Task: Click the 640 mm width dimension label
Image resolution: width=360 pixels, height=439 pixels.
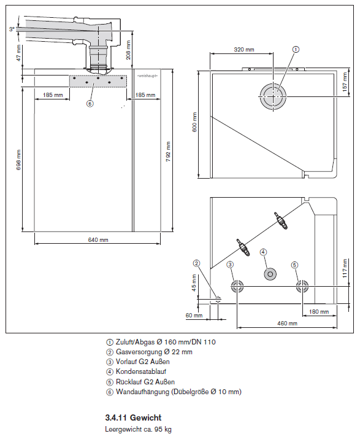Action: (x=98, y=239)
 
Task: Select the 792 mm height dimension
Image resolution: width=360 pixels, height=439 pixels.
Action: (x=168, y=150)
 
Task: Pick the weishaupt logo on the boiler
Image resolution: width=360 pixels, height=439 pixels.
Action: (x=147, y=75)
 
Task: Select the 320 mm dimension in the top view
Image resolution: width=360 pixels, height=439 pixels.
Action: (x=243, y=49)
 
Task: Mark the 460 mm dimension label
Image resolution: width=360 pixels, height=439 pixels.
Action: (x=287, y=322)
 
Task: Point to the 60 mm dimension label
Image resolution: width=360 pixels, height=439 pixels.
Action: (x=194, y=315)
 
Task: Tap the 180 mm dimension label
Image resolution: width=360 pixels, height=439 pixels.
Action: (x=318, y=311)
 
